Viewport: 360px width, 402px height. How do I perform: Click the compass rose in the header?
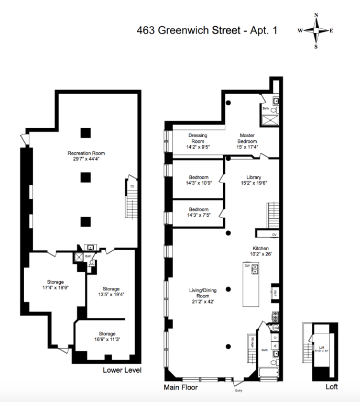coord(316,30)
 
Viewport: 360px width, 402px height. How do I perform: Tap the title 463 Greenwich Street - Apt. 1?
coord(206,31)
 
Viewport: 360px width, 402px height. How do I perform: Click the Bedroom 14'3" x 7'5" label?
coord(199,213)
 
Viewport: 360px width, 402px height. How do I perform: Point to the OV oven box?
coord(274,234)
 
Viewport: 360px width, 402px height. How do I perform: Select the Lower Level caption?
coord(122,370)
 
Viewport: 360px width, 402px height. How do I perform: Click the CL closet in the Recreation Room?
coord(133,186)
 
